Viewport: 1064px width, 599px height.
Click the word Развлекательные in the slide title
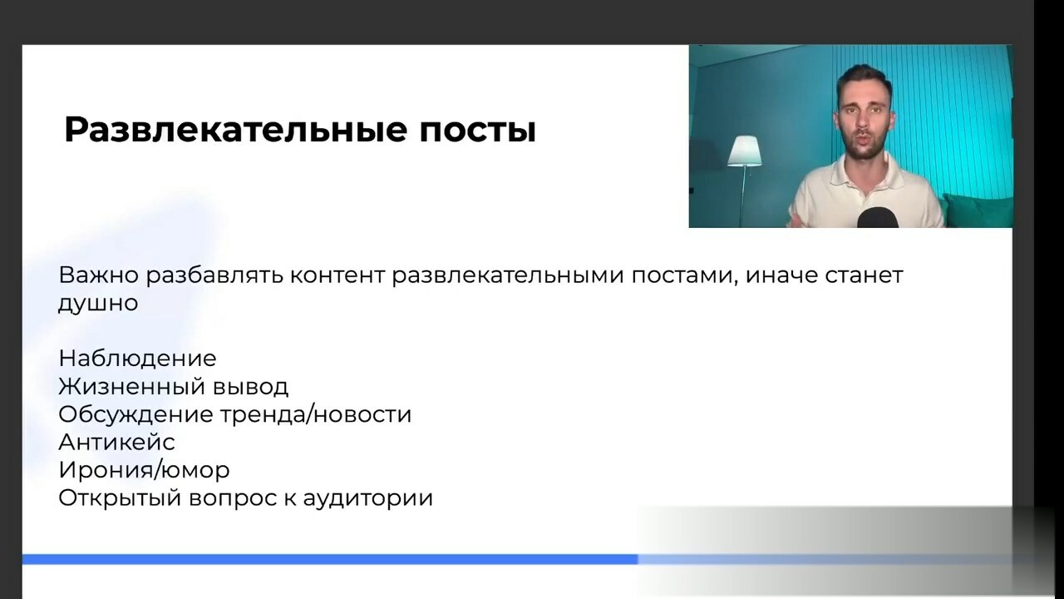coord(235,130)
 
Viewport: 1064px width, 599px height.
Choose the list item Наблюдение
coord(138,359)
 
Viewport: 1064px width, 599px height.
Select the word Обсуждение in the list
coord(135,414)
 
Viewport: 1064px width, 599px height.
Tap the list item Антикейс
coord(117,443)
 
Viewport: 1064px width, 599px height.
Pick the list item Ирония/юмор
coord(145,471)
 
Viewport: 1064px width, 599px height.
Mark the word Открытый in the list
coord(121,498)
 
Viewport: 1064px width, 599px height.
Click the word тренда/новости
coord(315,414)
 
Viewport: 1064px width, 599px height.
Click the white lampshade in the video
coord(744,151)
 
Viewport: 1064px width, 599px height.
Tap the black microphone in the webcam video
coord(878,217)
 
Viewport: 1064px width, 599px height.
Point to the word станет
coord(864,275)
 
